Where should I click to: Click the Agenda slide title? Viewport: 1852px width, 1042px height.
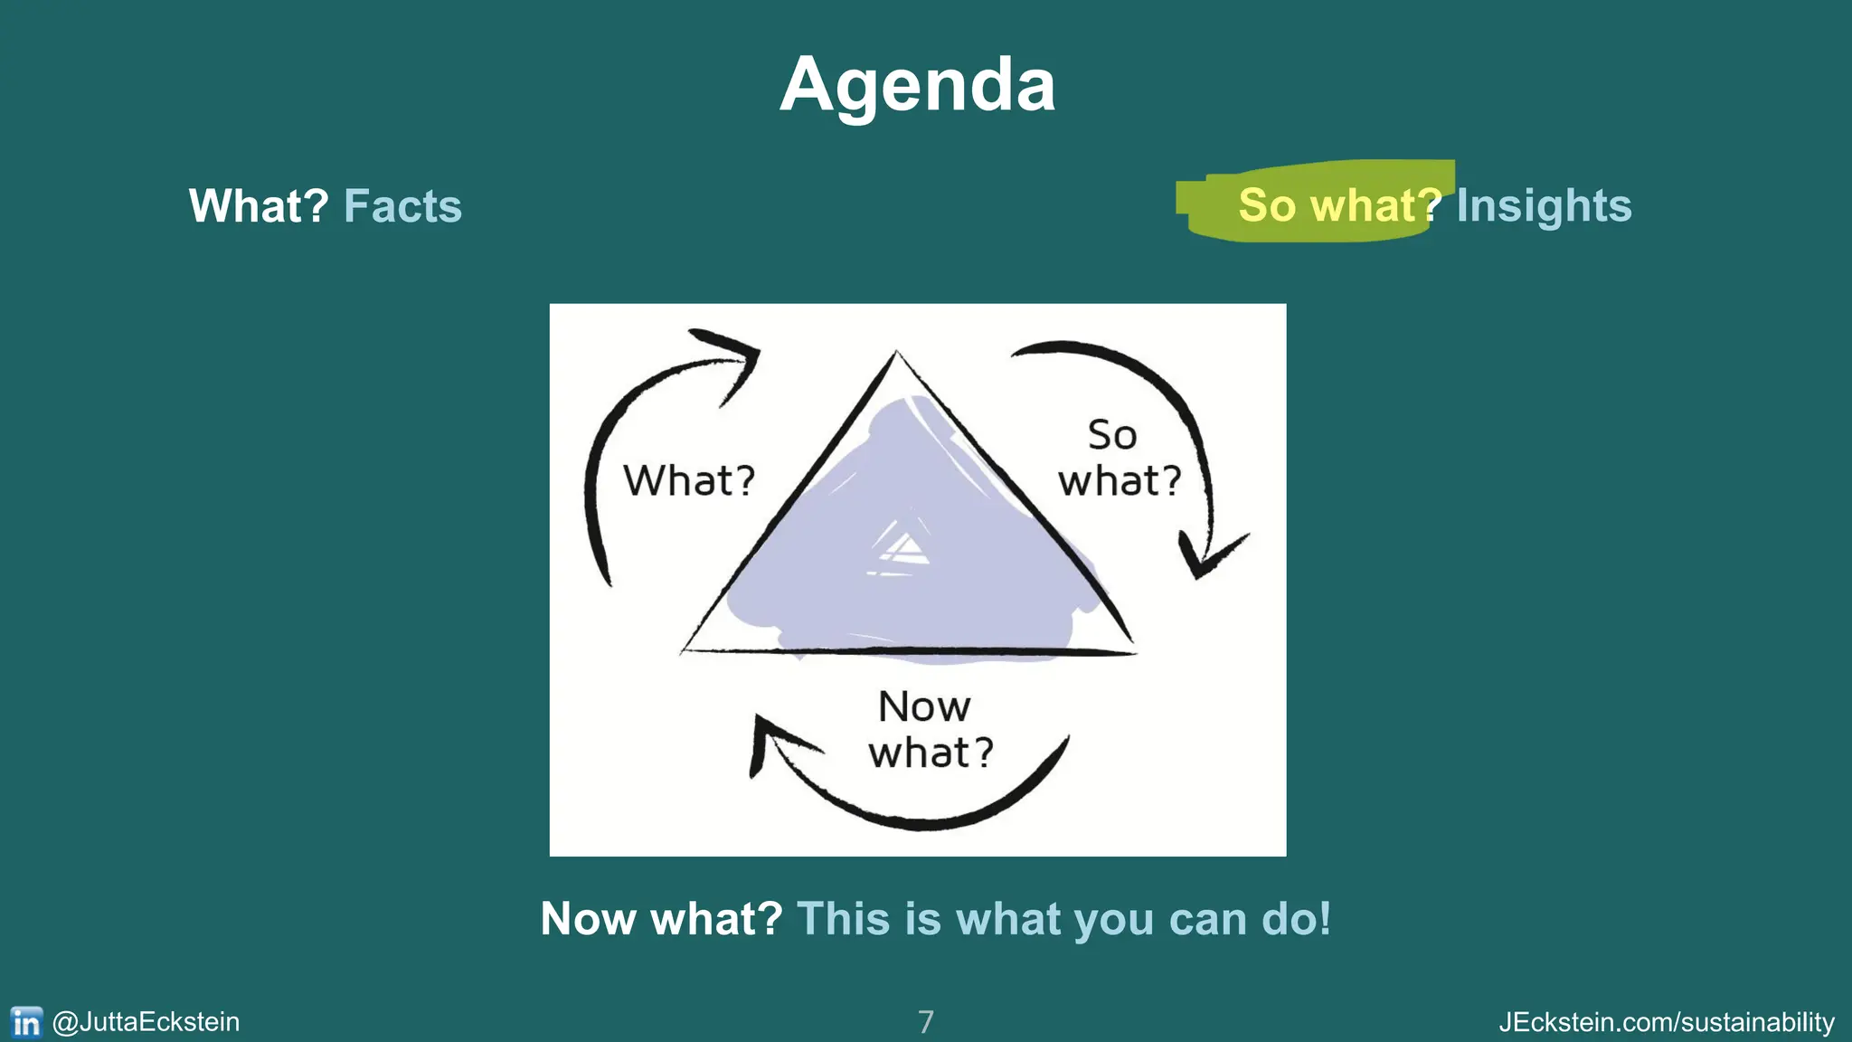click(917, 85)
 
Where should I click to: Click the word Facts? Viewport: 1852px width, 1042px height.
click(402, 206)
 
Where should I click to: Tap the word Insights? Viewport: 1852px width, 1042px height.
click(1544, 206)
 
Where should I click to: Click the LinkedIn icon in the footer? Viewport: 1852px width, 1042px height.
click(26, 1022)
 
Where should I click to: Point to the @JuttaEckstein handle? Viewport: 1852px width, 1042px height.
click(146, 1022)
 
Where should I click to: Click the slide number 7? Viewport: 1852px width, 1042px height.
click(925, 1022)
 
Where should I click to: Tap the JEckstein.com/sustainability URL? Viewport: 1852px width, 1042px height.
click(1667, 1022)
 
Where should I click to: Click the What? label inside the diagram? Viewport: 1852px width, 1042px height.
click(689, 480)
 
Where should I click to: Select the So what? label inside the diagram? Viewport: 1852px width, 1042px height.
click(1120, 459)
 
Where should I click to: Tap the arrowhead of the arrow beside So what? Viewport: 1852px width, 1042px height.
click(1206, 557)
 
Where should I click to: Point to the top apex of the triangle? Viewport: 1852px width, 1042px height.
click(896, 355)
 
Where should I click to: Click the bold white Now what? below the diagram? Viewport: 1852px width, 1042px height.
click(661, 919)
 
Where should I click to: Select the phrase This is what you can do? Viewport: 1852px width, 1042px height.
click(1063, 919)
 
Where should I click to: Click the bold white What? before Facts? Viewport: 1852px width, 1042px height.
click(259, 206)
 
